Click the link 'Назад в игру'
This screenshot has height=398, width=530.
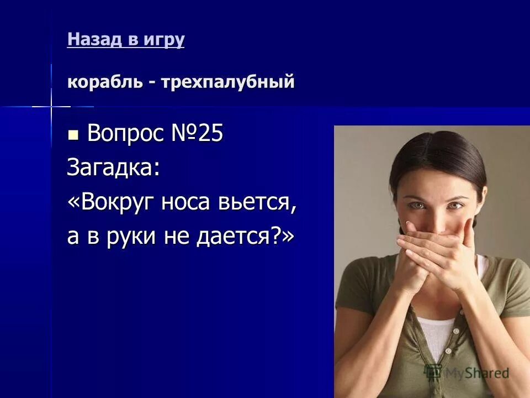tap(125, 40)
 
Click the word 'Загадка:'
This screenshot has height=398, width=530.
tap(114, 167)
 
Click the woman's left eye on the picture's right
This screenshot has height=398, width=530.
tap(454, 206)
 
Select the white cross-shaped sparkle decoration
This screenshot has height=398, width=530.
tap(51, 105)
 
